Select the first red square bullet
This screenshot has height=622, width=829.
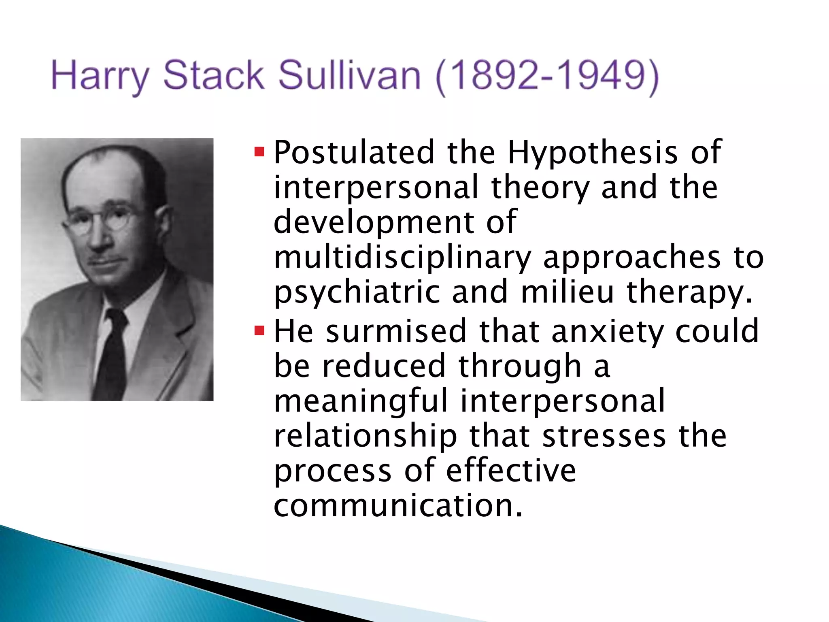259,153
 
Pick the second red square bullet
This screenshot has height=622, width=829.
259,331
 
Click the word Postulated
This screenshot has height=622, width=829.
354,152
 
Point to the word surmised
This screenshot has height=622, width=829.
396,331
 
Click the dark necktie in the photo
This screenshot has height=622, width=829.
112,352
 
